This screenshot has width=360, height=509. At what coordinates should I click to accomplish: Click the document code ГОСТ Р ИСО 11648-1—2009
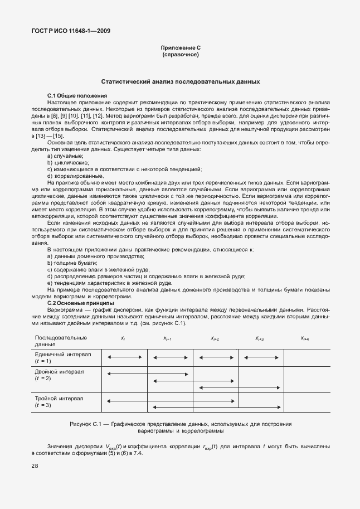coord(70,31)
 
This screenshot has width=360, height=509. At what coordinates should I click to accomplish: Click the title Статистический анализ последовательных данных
coord(179,81)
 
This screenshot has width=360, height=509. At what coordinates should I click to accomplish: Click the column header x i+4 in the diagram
coord(305,338)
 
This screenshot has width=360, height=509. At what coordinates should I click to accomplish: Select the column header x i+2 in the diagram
coord(215,338)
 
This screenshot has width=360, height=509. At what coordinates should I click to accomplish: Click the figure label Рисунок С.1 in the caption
coord(89,424)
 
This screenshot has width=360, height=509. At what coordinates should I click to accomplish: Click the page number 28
coord(35,466)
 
